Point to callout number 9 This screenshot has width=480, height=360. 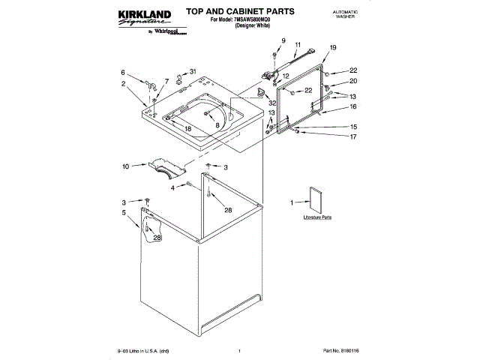point(283,40)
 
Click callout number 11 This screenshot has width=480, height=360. point(297,44)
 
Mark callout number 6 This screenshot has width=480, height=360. point(123,72)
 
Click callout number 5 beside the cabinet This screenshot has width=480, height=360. point(124,213)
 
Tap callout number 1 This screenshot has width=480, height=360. point(293,202)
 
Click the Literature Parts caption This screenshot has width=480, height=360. point(317,217)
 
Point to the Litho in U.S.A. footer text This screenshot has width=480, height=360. point(143,350)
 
